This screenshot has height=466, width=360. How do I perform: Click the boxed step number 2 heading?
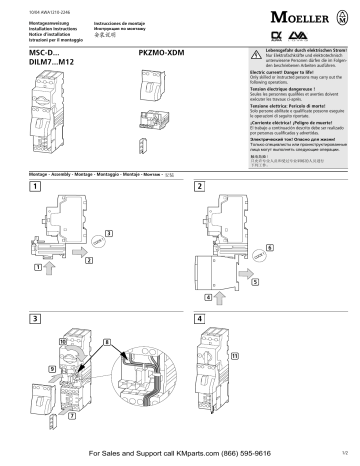tap(200, 188)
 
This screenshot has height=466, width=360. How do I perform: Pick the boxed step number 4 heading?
tap(200, 318)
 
